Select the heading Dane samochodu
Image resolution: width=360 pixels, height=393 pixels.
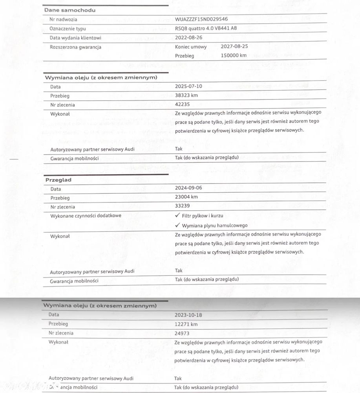69,10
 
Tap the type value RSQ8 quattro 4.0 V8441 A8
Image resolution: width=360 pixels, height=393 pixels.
206,28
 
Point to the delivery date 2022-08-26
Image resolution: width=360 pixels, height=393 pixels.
189,38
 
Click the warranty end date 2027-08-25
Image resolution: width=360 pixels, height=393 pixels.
234,46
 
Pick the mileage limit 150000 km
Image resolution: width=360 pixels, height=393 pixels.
234,55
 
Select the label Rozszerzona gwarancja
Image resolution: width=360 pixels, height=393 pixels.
75,47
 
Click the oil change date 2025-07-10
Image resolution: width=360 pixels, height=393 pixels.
189,86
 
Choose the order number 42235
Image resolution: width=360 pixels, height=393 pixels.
183,105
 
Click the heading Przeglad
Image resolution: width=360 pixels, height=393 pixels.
58,180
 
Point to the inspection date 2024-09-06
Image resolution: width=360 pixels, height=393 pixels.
189,188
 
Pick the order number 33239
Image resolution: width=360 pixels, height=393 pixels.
183,206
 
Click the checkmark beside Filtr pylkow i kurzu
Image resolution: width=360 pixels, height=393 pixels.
177,215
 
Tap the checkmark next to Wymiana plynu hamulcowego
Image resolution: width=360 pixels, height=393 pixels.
177,225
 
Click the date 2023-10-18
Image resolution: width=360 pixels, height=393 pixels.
189,315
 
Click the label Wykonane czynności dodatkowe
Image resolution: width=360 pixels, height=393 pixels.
86,216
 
